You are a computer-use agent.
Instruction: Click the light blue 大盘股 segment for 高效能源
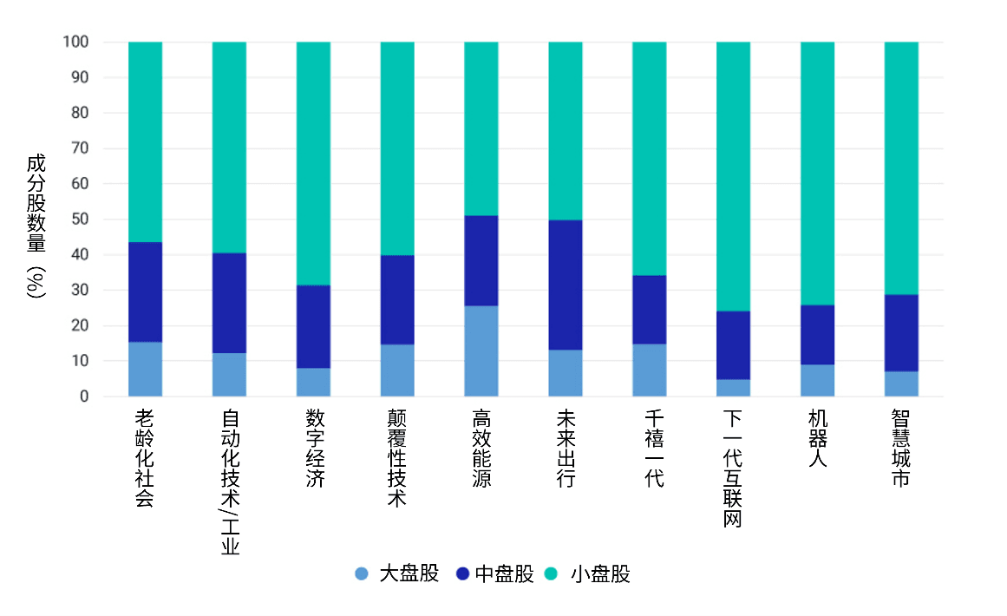(x=481, y=351)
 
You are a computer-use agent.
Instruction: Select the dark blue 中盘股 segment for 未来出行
(x=566, y=285)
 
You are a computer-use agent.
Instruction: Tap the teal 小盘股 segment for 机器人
(x=817, y=174)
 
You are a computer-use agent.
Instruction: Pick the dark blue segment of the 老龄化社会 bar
(x=145, y=292)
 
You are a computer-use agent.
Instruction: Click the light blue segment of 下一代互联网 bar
(x=733, y=388)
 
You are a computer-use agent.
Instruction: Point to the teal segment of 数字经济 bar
(x=313, y=163)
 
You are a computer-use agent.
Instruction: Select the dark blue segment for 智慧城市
(x=901, y=333)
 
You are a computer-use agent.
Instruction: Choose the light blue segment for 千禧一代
(x=649, y=370)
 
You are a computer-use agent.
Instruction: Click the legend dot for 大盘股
(x=362, y=573)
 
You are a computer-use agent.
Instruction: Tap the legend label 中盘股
(x=505, y=573)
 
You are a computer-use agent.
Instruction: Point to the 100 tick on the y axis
(x=75, y=42)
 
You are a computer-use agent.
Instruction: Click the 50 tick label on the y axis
(x=79, y=220)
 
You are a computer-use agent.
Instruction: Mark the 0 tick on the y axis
(x=84, y=396)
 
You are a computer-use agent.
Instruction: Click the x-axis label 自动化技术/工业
(x=230, y=482)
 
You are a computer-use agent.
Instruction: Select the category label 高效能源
(x=481, y=448)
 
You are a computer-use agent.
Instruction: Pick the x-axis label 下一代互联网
(x=733, y=469)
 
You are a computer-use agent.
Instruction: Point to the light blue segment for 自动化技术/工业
(x=229, y=375)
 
